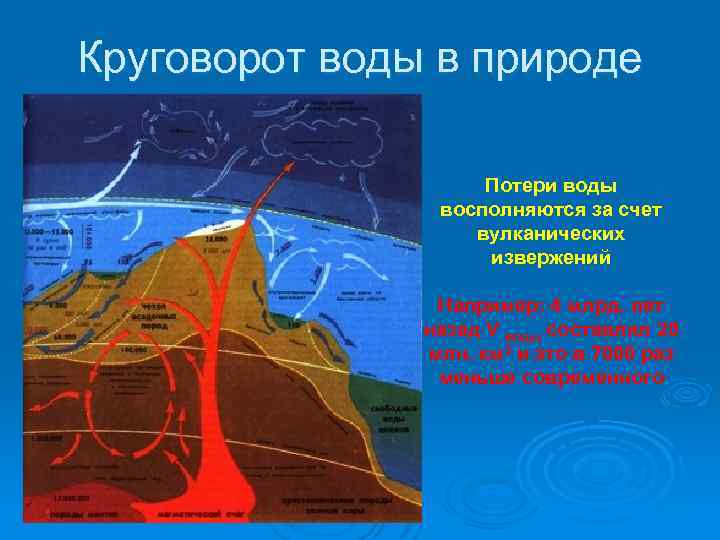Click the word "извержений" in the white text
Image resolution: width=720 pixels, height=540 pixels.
coord(550,257)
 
